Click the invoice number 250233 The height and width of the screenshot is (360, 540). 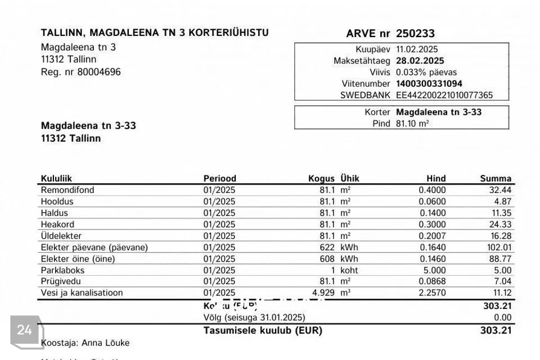point(415,34)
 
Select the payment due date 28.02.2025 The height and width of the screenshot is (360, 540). point(420,61)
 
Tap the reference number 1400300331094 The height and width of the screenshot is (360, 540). point(429,84)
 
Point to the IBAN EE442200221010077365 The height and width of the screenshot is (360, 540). point(444,95)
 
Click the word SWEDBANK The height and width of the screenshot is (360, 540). point(365,95)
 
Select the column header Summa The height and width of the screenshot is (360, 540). point(496,179)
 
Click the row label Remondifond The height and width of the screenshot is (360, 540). point(67,190)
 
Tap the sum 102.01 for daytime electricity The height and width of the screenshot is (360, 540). point(498,247)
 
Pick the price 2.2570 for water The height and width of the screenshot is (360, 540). point(432,293)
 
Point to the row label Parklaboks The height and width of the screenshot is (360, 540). point(62,270)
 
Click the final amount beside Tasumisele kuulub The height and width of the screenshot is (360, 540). point(497,331)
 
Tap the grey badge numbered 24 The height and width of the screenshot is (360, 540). point(25,330)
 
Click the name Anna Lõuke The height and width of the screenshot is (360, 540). point(106,342)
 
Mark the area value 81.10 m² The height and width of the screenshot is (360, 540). point(412,123)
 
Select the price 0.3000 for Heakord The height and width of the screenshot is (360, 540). point(432,224)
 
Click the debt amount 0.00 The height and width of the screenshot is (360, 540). point(502,317)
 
